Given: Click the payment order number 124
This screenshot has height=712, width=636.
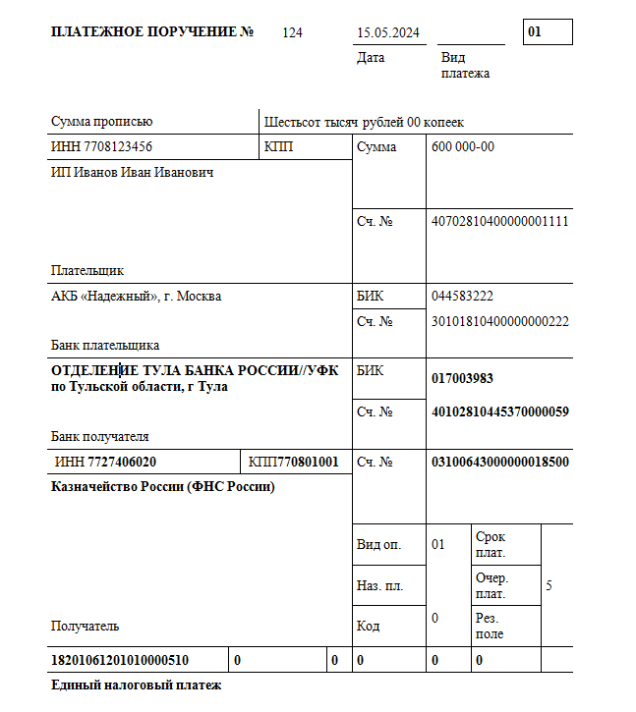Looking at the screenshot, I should pyautogui.click(x=292, y=32).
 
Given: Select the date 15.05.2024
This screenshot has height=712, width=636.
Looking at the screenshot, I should pyautogui.click(x=388, y=32).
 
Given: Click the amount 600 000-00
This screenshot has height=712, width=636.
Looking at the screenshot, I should pyautogui.click(x=463, y=147).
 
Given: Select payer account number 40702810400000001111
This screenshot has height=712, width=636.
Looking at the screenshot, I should pyautogui.click(x=499, y=221).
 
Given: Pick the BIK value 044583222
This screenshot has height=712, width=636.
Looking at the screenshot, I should pyautogui.click(x=462, y=296).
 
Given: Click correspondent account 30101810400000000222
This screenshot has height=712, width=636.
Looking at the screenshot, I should pyautogui.click(x=499, y=321).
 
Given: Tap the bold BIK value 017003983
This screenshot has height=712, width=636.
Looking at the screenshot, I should pyautogui.click(x=462, y=379).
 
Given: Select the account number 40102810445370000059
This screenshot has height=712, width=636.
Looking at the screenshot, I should pyautogui.click(x=499, y=411).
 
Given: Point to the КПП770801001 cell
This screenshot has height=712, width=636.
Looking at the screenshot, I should pyautogui.click(x=294, y=462).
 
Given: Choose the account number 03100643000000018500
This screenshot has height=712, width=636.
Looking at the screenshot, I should pyautogui.click(x=499, y=462).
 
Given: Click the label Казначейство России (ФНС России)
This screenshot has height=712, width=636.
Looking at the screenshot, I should pyautogui.click(x=162, y=487).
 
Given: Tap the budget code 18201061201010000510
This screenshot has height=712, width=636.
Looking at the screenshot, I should pyautogui.click(x=119, y=660).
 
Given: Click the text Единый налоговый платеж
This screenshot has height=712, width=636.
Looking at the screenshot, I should pyautogui.click(x=137, y=685).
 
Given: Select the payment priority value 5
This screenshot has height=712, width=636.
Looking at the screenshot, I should pyautogui.click(x=549, y=585).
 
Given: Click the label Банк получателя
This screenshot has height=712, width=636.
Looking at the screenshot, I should pyautogui.click(x=99, y=436).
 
